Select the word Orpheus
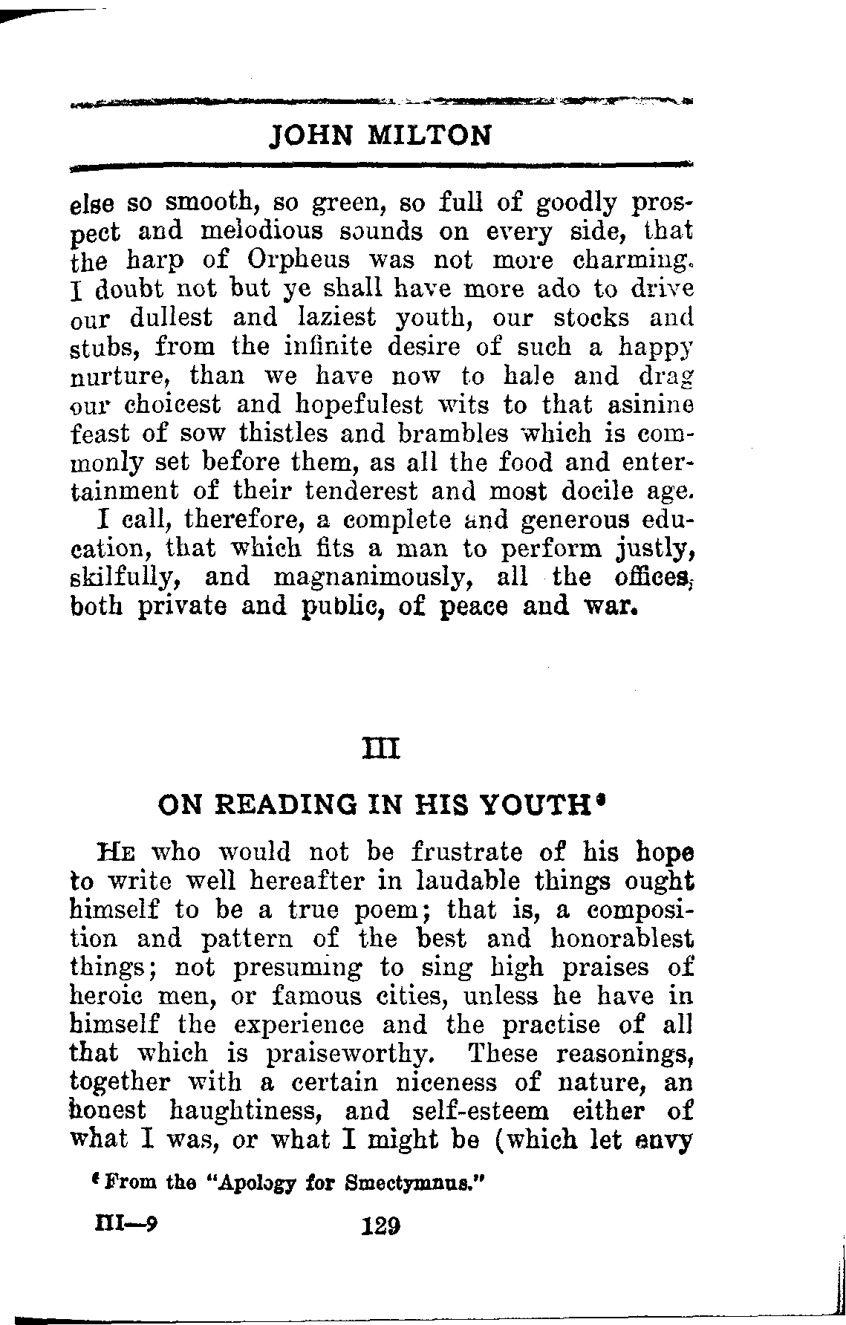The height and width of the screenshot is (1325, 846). pyautogui.click(x=292, y=261)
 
